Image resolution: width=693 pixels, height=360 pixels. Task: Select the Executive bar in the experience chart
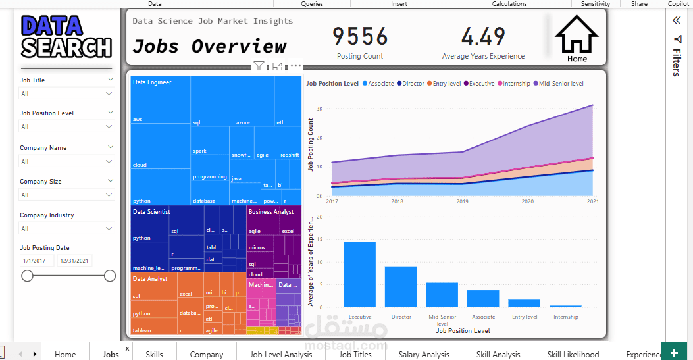coord(359,274)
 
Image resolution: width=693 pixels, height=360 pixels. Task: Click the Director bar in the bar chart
coord(401,286)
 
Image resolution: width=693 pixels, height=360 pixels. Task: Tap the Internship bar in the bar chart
coord(565,306)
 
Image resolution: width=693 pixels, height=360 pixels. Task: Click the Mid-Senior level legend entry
coord(561,84)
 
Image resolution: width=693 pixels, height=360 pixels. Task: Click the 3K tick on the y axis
coord(319,109)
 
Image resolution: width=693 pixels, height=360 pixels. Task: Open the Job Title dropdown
coord(66,94)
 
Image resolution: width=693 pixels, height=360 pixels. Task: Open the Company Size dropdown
coord(66,195)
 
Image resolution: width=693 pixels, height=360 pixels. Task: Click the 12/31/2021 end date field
coord(75,261)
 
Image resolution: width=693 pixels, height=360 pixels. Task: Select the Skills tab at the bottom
coord(154,354)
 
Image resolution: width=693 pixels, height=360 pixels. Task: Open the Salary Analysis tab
coord(423,354)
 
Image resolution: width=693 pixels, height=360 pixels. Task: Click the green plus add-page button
coord(674,353)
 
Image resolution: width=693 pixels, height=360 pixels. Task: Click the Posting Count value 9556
coord(360,36)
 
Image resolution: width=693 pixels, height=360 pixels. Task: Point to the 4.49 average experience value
coord(483,36)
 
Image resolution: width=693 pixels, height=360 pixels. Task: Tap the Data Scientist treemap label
coord(151,212)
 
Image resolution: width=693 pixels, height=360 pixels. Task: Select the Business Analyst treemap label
coord(270,212)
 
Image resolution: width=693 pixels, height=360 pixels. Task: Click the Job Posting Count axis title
coord(311,145)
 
